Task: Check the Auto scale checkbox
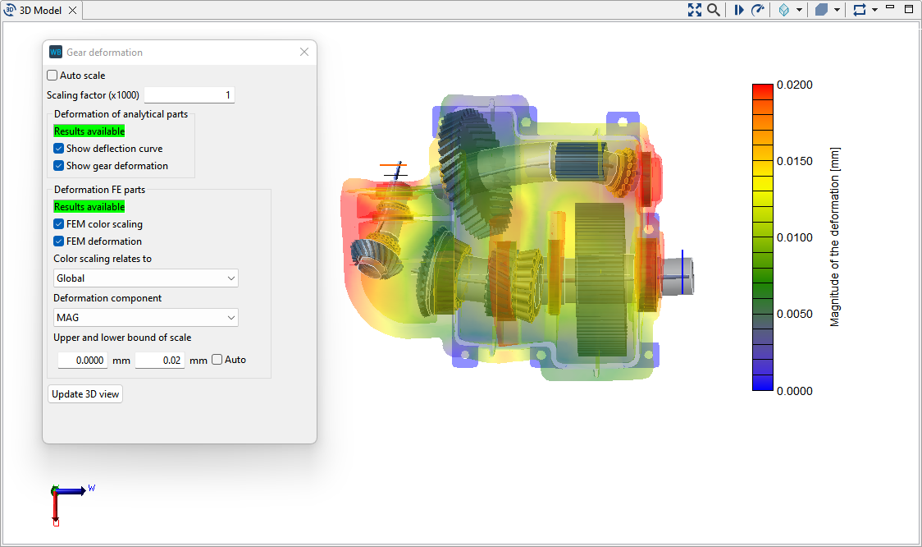52,76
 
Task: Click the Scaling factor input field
189,95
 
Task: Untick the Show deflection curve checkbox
59,149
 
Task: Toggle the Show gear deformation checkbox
59,166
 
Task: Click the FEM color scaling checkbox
59,224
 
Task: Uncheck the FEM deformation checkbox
59,241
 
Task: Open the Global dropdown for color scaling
145,278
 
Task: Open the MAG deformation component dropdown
145,318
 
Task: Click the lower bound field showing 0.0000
83,361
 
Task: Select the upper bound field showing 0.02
160,361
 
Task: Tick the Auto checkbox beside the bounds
217,360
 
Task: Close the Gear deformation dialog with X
304,52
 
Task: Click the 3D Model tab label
41,10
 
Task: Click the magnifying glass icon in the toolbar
714,10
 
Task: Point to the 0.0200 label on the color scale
795,85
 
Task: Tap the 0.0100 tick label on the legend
795,238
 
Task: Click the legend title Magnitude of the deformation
835,238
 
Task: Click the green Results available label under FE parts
89,207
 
